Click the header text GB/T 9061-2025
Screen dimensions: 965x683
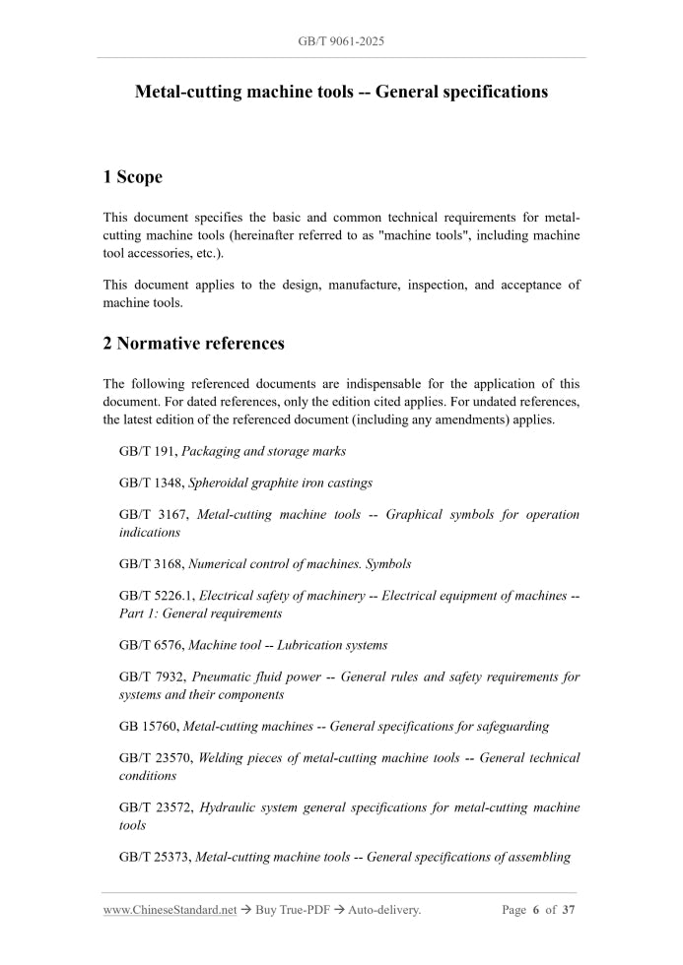pyautogui.click(x=341, y=43)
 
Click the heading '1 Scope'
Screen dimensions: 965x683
pyautogui.click(x=132, y=177)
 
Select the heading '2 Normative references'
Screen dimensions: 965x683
pyautogui.click(x=193, y=344)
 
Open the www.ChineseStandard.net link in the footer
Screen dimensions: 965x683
pyautogui.click(x=170, y=910)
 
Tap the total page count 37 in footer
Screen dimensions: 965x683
pyautogui.click(x=568, y=910)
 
